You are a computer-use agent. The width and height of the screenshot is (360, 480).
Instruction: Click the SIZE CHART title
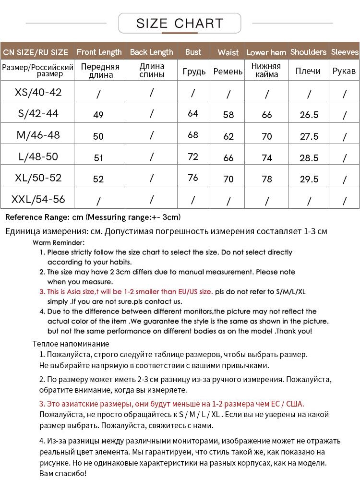pos(180,23)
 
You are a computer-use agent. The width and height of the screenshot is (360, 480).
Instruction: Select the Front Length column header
pos(99,52)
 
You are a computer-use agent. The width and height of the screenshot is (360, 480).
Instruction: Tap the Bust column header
pos(193,52)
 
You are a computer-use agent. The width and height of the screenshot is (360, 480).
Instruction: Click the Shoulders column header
pos(308,52)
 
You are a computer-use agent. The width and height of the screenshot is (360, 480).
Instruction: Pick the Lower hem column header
pos(266,52)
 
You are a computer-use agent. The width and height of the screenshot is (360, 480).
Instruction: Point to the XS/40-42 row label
pos(38,92)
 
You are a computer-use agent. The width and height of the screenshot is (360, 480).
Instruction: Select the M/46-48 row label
pos(38,135)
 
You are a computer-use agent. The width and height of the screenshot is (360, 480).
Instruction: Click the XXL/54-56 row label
pos(38,199)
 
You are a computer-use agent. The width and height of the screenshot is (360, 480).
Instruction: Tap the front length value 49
pos(98,115)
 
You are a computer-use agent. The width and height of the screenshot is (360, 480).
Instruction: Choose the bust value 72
pos(193,157)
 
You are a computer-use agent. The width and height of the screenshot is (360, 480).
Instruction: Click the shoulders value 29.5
pos(309,179)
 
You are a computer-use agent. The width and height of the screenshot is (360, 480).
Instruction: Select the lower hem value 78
pos(267,179)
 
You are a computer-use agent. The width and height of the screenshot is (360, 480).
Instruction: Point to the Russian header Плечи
pos(308,71)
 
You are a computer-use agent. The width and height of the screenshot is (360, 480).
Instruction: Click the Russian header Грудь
pos(194,72)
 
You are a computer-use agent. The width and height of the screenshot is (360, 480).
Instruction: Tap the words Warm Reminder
pos(59,242)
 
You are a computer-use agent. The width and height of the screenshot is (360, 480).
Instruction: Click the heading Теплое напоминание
pos(71,344)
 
